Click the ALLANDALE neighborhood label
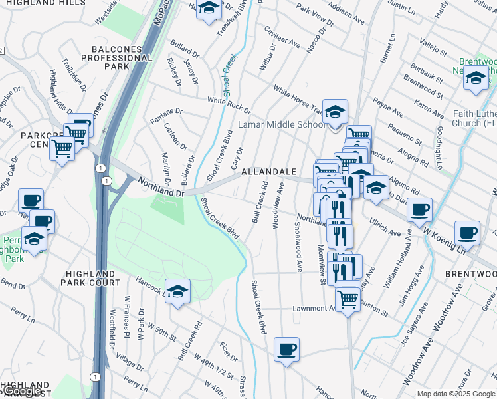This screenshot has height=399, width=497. coord(268,172)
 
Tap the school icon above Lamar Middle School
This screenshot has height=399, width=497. coord(336,110)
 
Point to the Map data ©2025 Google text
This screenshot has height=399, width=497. coord(455,394)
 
